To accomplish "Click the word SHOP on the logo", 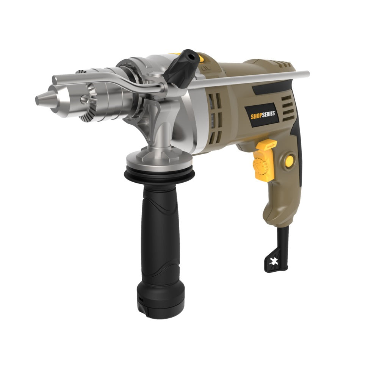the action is click(256, 116).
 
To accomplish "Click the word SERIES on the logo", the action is click(268, 114).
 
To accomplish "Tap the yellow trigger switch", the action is click(264, 160).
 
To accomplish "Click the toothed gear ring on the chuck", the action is click(88, 102).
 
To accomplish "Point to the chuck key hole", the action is click(84, 99).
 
